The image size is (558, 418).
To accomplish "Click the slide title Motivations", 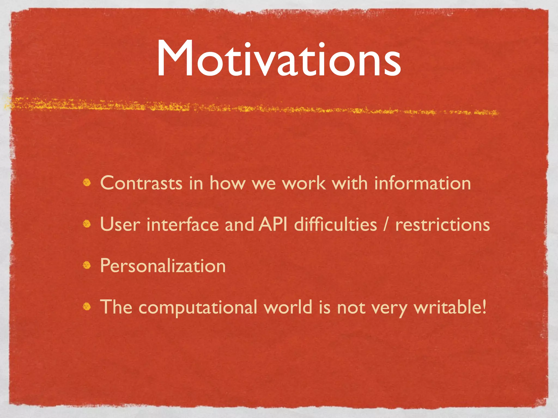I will point(278,59).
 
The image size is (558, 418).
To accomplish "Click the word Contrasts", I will point(141,183).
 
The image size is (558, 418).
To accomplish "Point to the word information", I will point(422,183).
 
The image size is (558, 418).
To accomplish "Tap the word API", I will point(273,225).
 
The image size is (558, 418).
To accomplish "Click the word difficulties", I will point(336,225).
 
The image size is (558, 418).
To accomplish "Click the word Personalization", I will point(163,266).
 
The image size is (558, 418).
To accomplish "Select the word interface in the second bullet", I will point(183,225).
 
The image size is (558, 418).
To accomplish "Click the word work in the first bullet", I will point(304,183).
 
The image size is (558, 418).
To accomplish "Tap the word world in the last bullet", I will point(288,307).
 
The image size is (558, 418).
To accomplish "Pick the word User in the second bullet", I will point(120,225).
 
